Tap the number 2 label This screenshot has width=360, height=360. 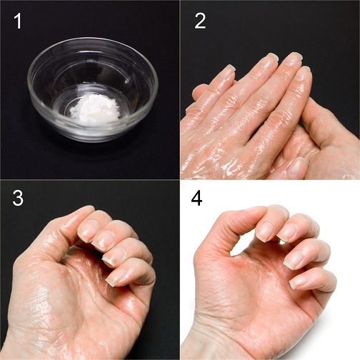coord(200,22)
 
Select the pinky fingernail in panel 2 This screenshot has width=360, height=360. coord(226,71)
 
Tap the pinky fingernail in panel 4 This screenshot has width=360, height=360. coord(299,280)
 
